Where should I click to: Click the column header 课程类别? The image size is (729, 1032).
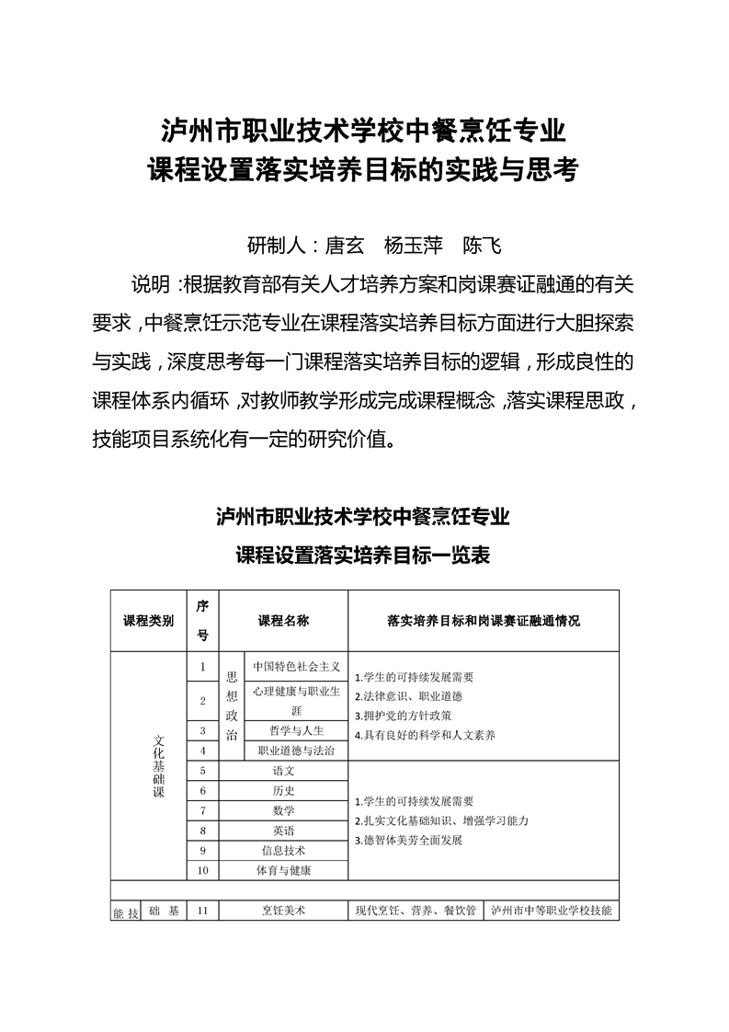pos(148,621)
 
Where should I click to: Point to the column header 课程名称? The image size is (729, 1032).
pos(284,621)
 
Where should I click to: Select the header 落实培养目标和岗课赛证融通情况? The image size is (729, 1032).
pos(484,621)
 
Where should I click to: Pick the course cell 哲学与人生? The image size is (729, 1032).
pos(296,730)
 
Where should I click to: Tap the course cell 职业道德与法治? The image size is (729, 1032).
pos(296,751)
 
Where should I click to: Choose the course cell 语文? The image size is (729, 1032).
pos(284,771)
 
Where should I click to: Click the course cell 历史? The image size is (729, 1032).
pos(284,791)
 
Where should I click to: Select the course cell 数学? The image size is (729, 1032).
pos(284,810)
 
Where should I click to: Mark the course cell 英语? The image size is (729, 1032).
pos(284,831)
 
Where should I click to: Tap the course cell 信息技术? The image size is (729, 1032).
pos(284,851)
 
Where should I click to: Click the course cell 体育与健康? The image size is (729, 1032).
pos(284,870)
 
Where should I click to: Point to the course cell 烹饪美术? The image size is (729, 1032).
pos(284,911)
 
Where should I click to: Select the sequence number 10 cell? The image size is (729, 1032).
pos(203,870)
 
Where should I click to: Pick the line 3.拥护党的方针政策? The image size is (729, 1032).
pos(403,715)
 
